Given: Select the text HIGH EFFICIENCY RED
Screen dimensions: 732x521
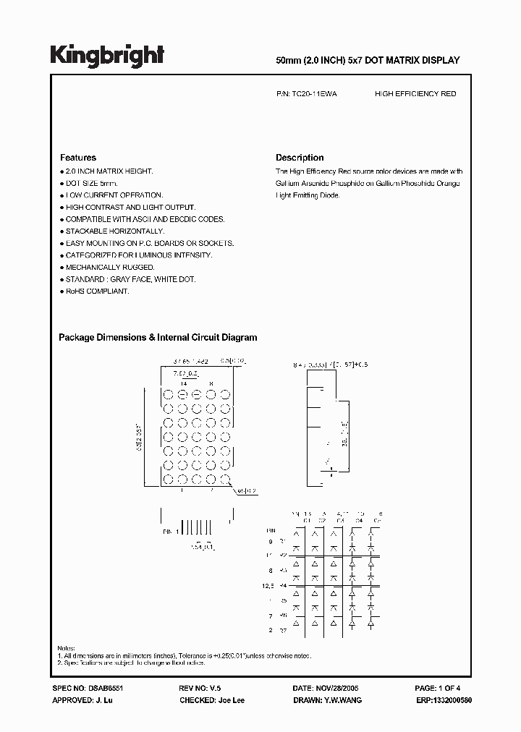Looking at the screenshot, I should coord(415,94).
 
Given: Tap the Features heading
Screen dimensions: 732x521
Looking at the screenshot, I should coord(78,158).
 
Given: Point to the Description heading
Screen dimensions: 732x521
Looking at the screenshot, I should coord(300,158).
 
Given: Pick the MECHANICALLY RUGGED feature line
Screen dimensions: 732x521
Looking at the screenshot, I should coord(110,267).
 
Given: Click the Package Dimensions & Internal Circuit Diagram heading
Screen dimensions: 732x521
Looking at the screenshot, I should coord(158,337).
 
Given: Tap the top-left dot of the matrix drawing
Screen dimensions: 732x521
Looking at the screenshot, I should coord(167,395).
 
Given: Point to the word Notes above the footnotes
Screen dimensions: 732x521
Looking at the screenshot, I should coord(67,647).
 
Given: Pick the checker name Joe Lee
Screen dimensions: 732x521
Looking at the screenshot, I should coord(232,700).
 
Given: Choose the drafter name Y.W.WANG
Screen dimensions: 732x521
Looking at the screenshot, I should coord(344,700).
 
